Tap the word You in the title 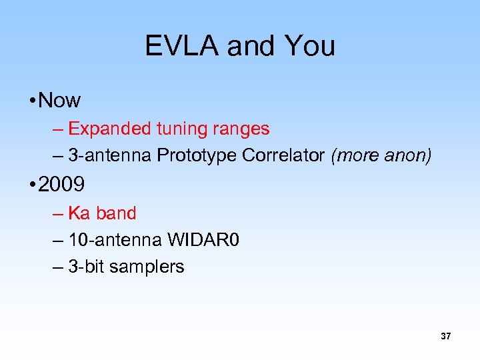[309, 46]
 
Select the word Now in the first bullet [60, 101]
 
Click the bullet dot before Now [32, 101]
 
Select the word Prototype [197, 155]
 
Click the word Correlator [284, 155]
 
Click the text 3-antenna [110, 155]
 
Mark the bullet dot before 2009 [32, 185]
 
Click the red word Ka [79, 213]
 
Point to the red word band [116, 213]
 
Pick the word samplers [147, 267]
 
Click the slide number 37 [445, 337]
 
